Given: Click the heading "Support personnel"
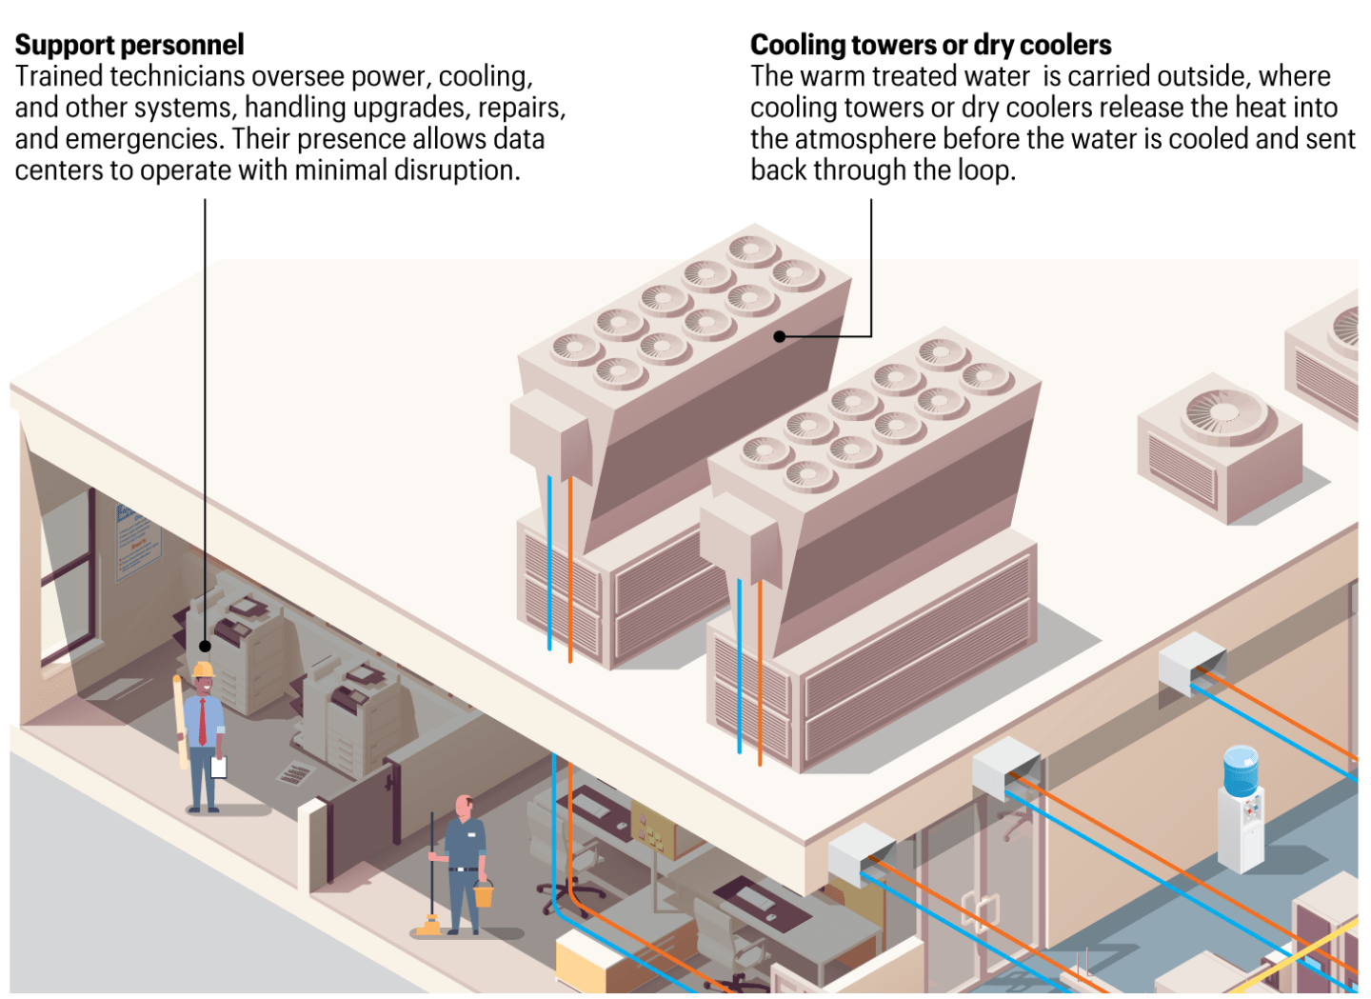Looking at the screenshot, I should (129, 45).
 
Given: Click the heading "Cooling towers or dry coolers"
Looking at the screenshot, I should (930, 45).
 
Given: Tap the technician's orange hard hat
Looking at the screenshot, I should (203, 669).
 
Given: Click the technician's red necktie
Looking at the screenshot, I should (202, 721).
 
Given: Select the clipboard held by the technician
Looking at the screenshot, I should (219, 767).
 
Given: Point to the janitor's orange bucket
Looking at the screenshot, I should (484, 893).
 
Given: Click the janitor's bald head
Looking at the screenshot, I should (464, 805).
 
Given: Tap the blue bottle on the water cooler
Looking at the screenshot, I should (1241, 770).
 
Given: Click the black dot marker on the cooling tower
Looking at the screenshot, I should (780, 336).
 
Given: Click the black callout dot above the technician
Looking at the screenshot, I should (205, 646).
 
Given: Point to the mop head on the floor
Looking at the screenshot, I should (427, 926).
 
